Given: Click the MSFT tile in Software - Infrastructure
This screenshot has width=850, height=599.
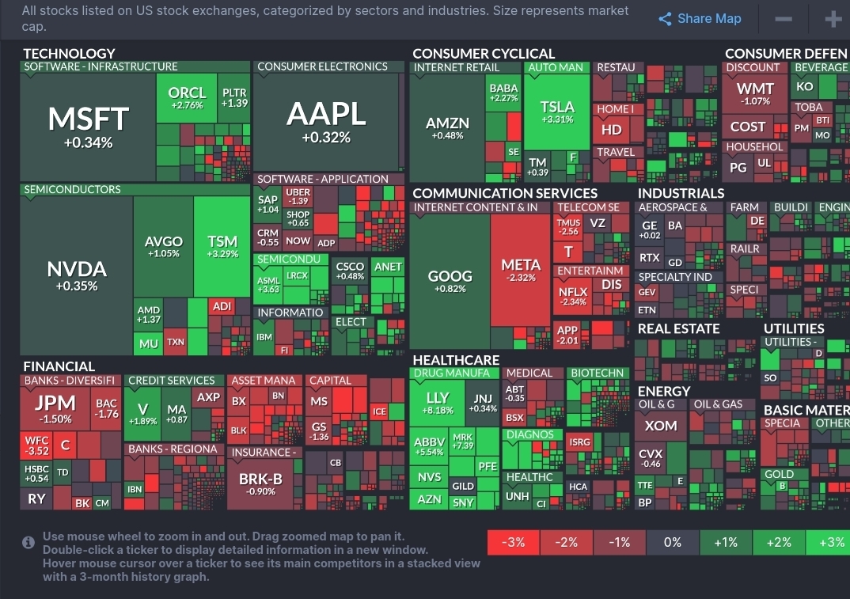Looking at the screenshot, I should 88,127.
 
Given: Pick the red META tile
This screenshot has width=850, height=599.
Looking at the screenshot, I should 521,269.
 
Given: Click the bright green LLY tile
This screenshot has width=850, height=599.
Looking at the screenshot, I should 438,403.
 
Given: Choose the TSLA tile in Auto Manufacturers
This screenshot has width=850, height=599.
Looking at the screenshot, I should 558,112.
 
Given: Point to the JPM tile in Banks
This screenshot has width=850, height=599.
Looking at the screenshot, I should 55,407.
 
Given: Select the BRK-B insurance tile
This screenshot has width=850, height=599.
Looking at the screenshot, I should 260,483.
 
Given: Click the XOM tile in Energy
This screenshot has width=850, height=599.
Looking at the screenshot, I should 660,426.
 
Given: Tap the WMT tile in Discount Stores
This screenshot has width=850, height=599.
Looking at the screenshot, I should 755,93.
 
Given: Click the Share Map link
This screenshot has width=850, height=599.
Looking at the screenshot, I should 700,19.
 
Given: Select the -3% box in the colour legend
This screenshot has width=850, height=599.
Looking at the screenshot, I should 514,542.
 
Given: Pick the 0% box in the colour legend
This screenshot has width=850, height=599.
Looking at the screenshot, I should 673,542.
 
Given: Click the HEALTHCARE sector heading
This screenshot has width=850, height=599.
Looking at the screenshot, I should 456,360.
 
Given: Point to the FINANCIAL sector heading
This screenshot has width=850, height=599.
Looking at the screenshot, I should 59,366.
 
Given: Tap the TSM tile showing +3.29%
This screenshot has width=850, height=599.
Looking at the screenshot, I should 222,246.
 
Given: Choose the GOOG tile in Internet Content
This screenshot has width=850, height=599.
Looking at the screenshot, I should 450,281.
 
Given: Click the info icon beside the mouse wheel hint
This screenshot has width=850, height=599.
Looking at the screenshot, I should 28,542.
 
